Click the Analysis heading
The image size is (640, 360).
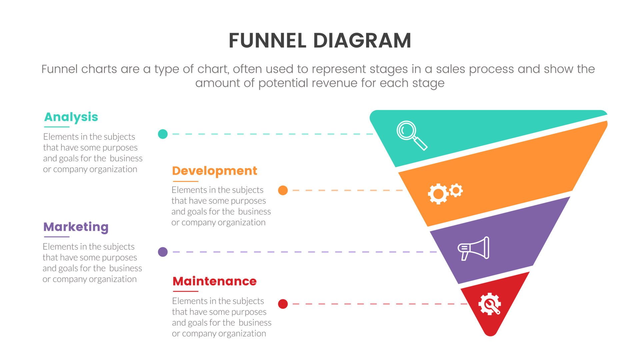click(x=71, y=117)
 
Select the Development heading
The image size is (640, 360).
click(x=214, y=171)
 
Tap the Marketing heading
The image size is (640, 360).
click(x=76, y=227)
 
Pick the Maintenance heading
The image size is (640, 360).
click(x=214, y=281)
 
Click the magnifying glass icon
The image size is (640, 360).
click(x=411, y=135)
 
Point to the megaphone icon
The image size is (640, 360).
click(x=474, y=248)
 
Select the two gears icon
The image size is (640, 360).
click(x=445, y=193)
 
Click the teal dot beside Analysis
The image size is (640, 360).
click(x=163, y=134)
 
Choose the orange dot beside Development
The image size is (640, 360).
click(x=283, y=190)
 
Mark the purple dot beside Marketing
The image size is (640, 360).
click(x=163, y=252)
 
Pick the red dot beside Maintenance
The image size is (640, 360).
click(x=283, y=304)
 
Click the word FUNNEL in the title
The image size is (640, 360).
click(x=267, y=41)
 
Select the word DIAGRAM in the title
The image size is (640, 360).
click(x=362, y=41)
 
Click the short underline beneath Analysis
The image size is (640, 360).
click(x=57, y=127)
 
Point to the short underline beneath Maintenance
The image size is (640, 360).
click(x=185, y=291)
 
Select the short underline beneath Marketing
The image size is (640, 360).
click(x=56, y=237)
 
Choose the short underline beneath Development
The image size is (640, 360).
click(x=185, y=181)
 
